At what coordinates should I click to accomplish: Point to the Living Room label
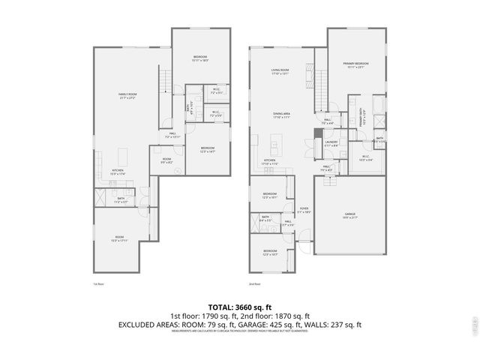pyautogui.click(x=280, y=72)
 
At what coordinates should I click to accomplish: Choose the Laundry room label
pyautogui.click(x=331, y=143)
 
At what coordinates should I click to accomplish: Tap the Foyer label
pyautogui.click(x=304, y=211)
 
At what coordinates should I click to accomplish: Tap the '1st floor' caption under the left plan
pyautogui.click(x=97, y=284)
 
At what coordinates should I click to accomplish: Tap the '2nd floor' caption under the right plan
pyautogui.click(x=254, y=284)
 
